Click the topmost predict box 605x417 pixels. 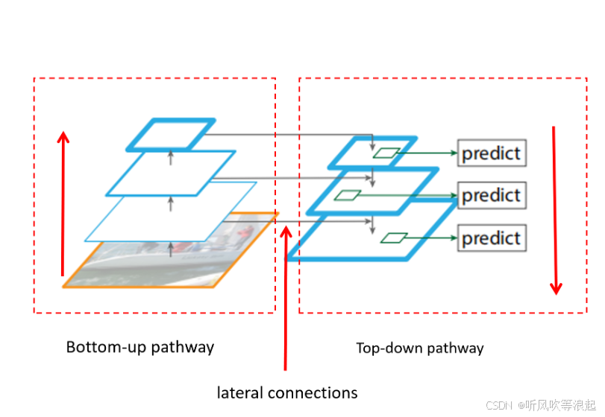pyautogui.click(x=492, y=153)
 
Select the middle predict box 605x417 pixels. pyautogui.click(x=492, y=196)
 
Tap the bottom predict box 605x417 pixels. pyautogui.click(x=492, y=238)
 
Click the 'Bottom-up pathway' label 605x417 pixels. pyautogui.click(x=140, y=347)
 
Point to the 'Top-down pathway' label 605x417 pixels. pyautogui.click(x=420, y=348)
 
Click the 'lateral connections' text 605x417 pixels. pyautogui.click(x=287, y=392)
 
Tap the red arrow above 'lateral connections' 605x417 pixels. pyautogui.click(x=285, y=298)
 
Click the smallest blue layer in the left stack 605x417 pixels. pyautogui.click(x=170, y=134)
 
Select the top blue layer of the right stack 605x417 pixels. pyautogui.click(x=373, y=153)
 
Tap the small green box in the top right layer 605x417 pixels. pyautogui.click(x=386, y=153)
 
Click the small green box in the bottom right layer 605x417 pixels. pyautogui.click(x=393, y=238)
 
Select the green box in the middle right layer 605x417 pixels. pyautogui.click(x=347, y=195)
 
